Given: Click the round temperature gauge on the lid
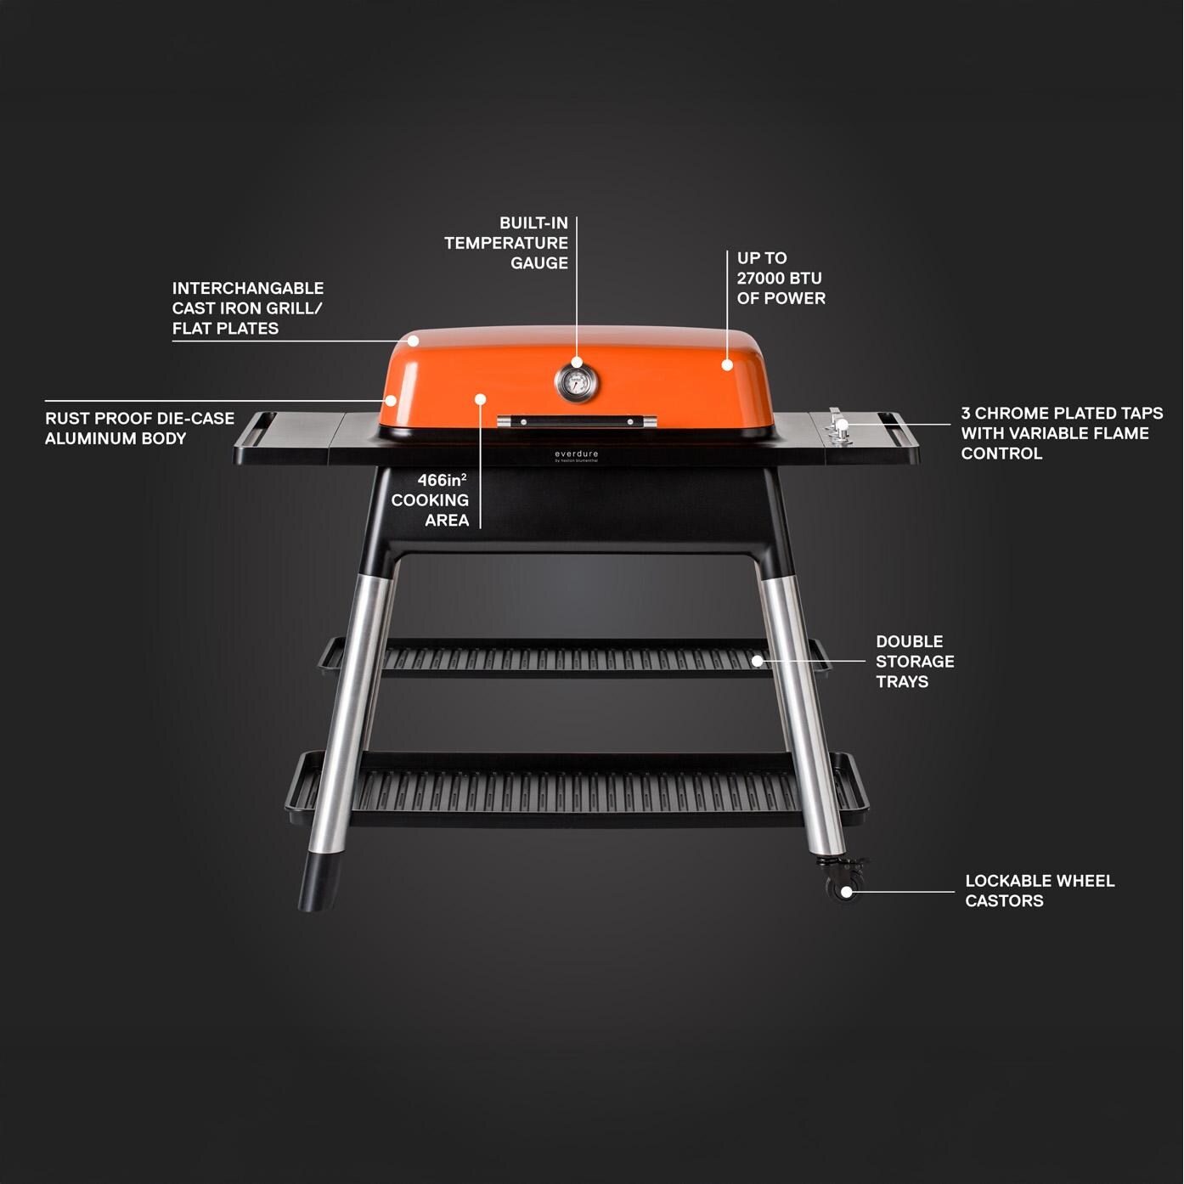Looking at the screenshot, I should coord(576,384).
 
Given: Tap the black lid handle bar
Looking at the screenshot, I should coord(577,420).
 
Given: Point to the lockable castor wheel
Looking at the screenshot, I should coord(845,891).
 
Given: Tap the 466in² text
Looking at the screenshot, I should coord(442,481).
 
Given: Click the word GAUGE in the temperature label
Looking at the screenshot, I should coord(539,263).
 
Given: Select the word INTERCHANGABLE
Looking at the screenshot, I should coord(248,289).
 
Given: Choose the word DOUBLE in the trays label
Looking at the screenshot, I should coord(909,642).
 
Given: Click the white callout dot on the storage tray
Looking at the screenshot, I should coord(757,660).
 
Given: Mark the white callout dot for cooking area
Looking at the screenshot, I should coord(480,398).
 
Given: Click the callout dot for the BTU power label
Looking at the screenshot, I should coord(727,365).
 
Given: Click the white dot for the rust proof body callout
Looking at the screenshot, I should coord(391,400).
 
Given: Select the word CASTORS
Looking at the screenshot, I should coord(1004,901).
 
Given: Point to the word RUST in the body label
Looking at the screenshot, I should coord(67,419).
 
